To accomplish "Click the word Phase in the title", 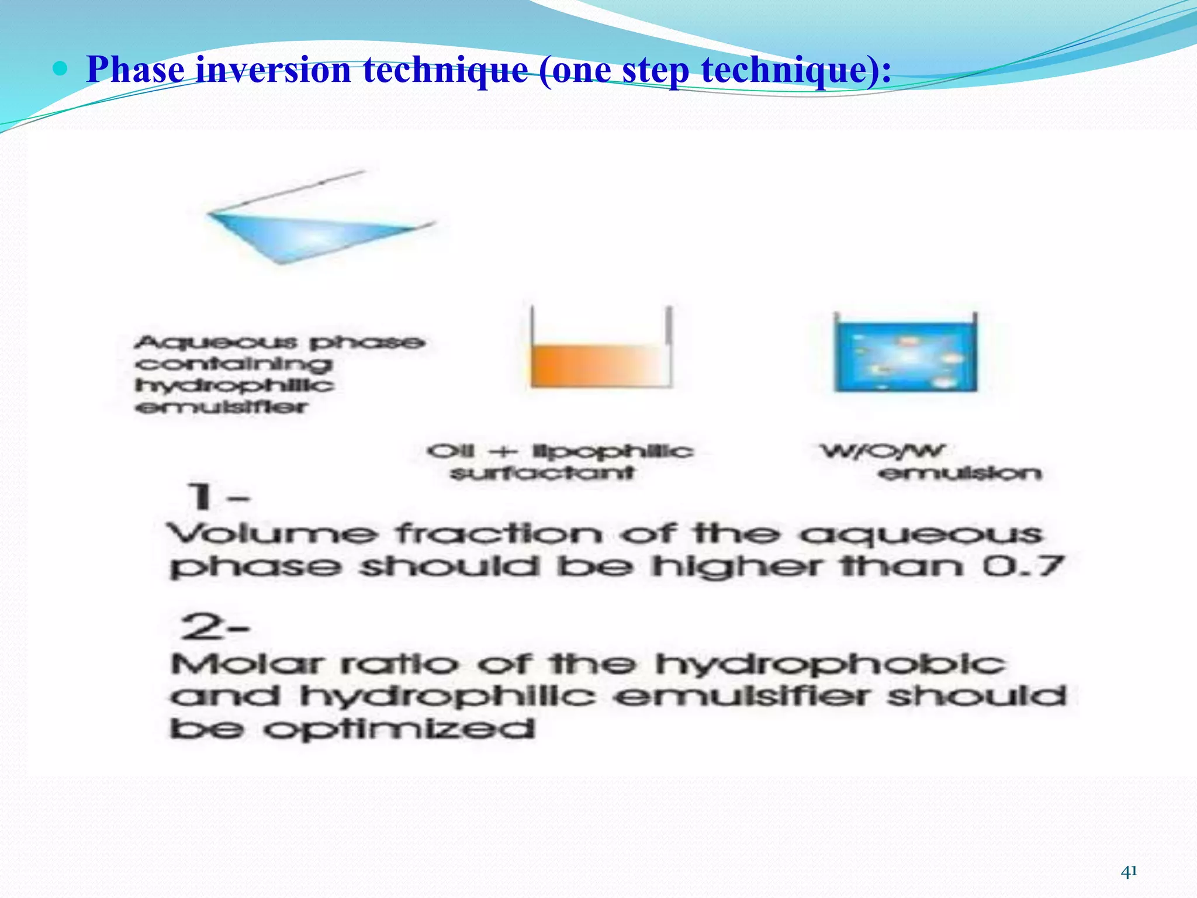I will click(x=136, y=70).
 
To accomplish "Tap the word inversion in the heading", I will click(x=273, y=70).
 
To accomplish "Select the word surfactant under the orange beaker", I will click(x=542, y=472).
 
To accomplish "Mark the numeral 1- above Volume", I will click(x=216, y=497).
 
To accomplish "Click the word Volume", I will click(x=272, y=534).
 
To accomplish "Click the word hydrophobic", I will click(x=830, y=664).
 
